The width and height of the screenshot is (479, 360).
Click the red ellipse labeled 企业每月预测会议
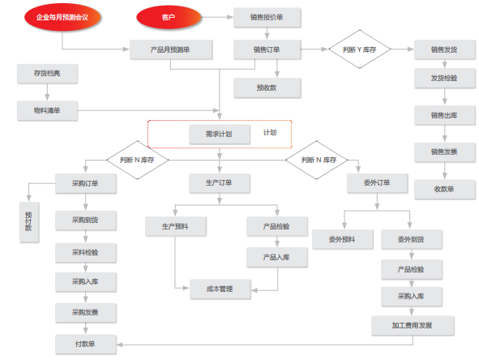62,17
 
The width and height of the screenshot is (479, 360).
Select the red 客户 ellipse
169,17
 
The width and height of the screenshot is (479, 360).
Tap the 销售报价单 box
267,17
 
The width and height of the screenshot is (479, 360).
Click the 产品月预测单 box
171,49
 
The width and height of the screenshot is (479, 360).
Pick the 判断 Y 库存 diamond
360,49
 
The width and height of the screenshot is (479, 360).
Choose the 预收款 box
267,88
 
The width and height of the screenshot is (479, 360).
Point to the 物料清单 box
47,110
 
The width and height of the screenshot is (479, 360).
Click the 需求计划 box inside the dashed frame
220,134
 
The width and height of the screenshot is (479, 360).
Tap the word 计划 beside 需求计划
270,133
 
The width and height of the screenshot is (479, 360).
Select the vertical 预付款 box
29,222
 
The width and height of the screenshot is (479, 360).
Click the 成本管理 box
220,289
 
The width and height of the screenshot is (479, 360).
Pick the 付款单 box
86,345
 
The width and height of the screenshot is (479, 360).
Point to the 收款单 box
444,190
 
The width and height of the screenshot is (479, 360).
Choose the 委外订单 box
377,183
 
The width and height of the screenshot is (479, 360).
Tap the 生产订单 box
220,183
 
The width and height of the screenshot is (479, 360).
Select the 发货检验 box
444,78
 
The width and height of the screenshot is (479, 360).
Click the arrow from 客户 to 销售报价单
217,17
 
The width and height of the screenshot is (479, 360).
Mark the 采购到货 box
86,221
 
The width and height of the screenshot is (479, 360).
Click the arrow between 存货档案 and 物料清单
47,92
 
